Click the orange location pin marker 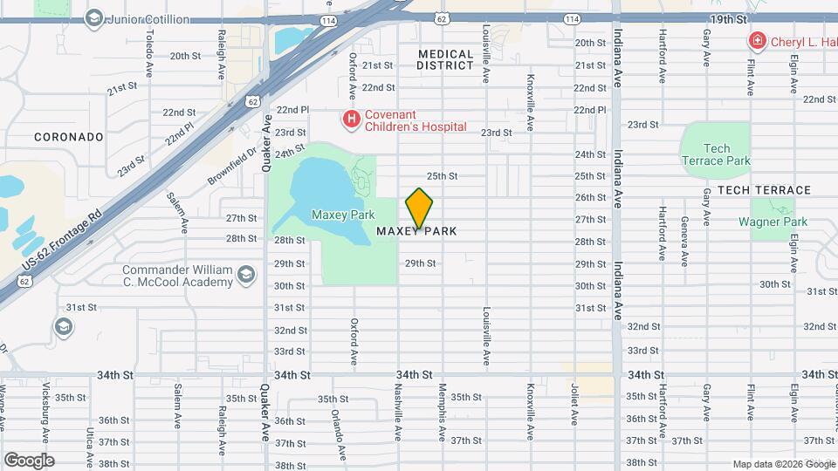click(x=419, y=209)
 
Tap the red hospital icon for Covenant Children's click(x=351, y=119)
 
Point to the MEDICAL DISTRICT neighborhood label click(x=445, y=59)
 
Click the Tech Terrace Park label click(x=716, y=154)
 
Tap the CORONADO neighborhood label click(x=69, y=137)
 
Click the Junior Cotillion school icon click(x=94, y=17)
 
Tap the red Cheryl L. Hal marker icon click(x=757, y=41)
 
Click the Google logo click(x=29, y=460)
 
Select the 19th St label click(x=728, y=18)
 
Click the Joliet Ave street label click(x=574, y=406)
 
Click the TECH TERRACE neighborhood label click(x=764, y=190)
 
